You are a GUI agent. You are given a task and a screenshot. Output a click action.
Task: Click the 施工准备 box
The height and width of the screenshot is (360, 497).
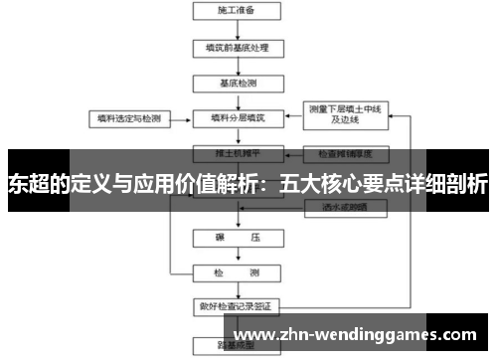point(236,12)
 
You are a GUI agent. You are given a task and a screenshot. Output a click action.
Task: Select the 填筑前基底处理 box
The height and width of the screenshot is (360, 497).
point(236,47)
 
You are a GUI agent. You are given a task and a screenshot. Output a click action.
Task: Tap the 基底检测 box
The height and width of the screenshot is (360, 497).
point(236,83)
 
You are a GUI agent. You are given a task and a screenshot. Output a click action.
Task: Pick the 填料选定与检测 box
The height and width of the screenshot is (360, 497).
point(127,117)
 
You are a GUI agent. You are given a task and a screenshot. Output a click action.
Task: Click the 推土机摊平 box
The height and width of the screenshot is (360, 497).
point(236,154)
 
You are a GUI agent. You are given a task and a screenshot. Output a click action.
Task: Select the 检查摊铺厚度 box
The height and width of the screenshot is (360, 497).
point(344,154)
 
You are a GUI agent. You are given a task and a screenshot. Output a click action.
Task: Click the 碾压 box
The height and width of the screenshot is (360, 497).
point(236,240)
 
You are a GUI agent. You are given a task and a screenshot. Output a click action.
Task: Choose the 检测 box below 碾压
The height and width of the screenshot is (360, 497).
point(236,272)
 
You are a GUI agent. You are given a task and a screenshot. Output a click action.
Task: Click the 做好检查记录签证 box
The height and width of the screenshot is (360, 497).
point(236,305)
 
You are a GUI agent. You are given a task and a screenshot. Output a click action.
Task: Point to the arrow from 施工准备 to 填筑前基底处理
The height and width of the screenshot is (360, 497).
point(236,29)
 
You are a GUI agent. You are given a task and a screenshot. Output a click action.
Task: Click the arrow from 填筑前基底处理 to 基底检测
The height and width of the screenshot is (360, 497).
point(236,65)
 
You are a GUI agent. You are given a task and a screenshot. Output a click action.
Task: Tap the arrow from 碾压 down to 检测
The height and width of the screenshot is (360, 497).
point(236,257)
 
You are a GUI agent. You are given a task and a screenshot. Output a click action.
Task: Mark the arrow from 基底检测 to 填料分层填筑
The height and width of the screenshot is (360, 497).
point(236,100)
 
